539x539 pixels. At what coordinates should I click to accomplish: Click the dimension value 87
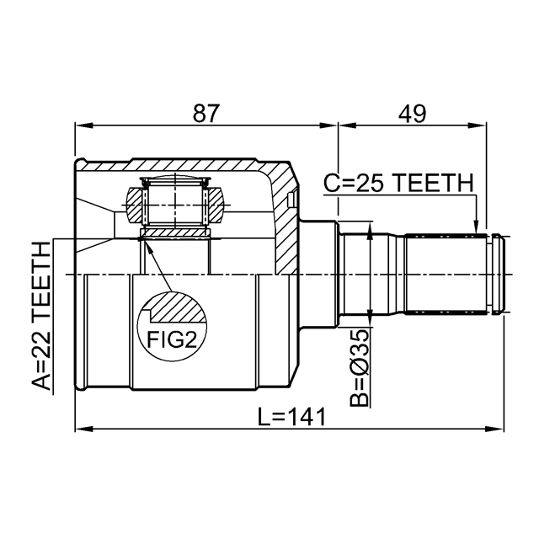point(207,113)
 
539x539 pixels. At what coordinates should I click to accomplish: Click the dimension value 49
point(412,113)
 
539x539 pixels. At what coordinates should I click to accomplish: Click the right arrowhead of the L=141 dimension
point(503,430)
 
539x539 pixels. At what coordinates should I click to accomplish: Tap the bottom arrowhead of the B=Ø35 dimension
point(371,323)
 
